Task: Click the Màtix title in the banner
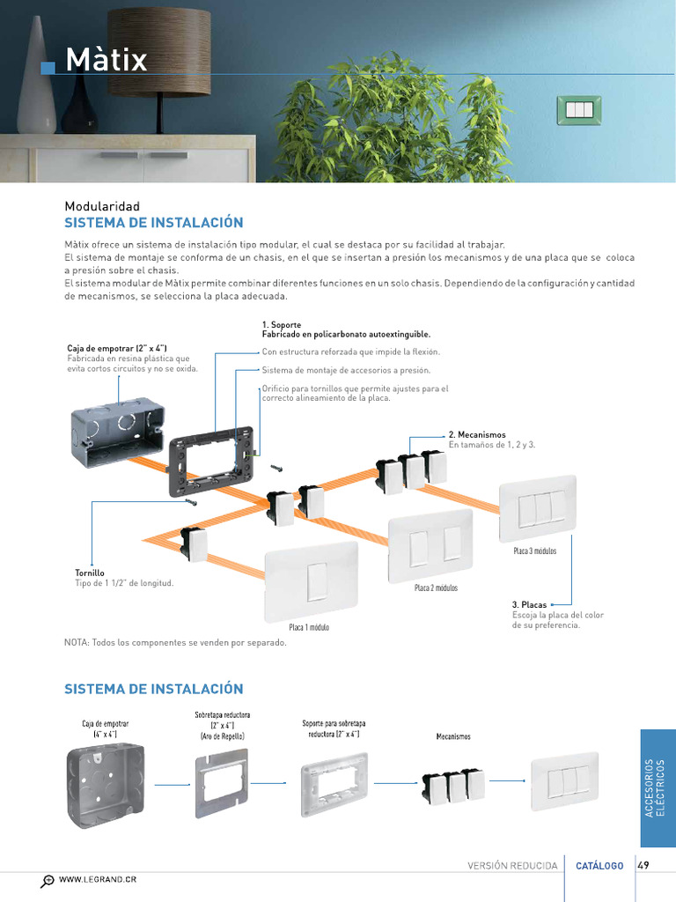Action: pos(107,59)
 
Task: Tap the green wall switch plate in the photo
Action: pos(579,109)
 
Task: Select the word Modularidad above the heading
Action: pos(102,206)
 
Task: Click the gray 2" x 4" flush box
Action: pos(119,435)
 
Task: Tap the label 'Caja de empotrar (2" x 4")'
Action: pos(117,348)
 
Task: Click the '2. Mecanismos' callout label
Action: pos(477,435)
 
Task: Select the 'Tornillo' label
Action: pos(90,573)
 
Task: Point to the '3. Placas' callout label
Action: pos(529,604)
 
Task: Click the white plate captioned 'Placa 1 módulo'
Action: pos(311,581)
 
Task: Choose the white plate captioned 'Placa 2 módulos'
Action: pos(430,546)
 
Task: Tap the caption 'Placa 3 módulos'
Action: pos(534,551)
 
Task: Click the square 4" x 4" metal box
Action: pos(106,786)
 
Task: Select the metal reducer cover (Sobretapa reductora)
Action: pos(222,783)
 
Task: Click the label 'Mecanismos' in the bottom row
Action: pos(453,736)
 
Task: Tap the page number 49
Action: pos(643,865)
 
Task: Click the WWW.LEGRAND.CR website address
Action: pos(98,879)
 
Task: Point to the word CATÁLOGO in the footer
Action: pos(599,866)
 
